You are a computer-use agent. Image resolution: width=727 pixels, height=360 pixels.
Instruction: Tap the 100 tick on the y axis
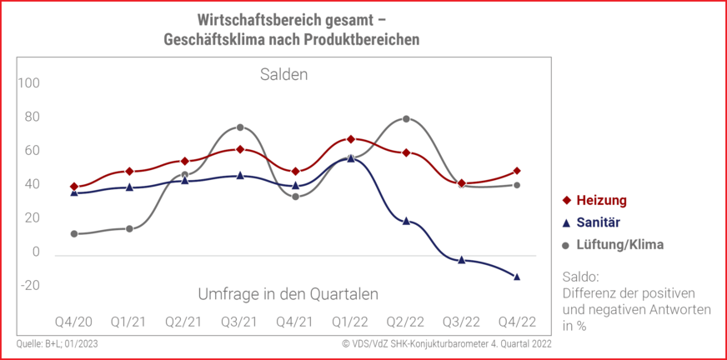coord(29,83)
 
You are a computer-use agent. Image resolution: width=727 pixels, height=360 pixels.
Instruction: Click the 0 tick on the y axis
coord(35,252)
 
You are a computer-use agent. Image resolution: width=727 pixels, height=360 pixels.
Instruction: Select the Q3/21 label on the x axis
coord(239,322)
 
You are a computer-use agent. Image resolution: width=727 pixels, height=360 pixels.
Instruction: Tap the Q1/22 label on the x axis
coord(350,322)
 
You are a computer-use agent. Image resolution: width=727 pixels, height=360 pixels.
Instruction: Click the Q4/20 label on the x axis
coord(73,322)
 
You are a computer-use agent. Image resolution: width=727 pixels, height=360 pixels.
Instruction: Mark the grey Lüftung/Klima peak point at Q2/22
coord(406,119)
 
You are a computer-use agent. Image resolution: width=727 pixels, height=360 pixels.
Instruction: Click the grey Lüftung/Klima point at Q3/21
coord(240,127)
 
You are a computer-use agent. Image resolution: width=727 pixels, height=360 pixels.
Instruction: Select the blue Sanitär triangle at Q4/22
coord(517,277)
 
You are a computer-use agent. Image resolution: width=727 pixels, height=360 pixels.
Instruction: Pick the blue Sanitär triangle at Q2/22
coord(406,221)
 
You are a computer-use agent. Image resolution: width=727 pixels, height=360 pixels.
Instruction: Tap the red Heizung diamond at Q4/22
coord(517,171)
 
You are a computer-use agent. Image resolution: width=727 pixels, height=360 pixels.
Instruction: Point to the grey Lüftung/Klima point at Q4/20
coord(74,234)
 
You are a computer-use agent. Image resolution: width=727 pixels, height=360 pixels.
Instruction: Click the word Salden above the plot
coord(283,75)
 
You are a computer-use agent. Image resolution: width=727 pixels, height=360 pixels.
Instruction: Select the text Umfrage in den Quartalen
coord(288,294)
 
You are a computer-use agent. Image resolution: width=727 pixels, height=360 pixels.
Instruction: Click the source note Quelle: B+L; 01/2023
coord(58,343)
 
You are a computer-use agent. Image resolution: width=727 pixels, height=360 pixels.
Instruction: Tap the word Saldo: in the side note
coord(581,277)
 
